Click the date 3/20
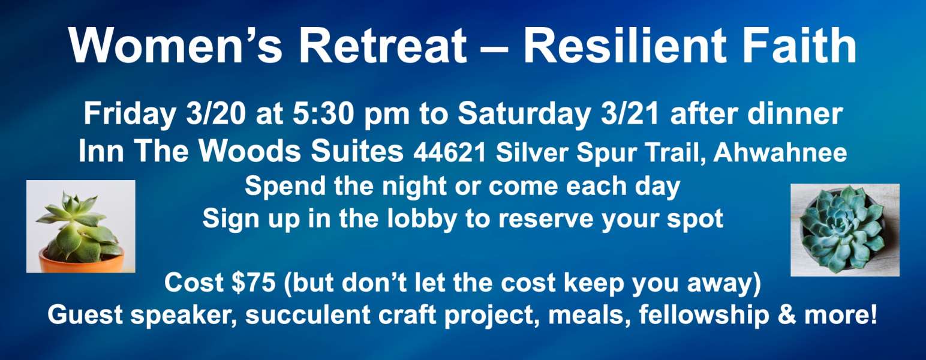pos(216,113)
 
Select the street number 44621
pos(450,153)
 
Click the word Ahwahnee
pos(780,152)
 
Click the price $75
pos(254,283)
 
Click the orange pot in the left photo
pos(82,260)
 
